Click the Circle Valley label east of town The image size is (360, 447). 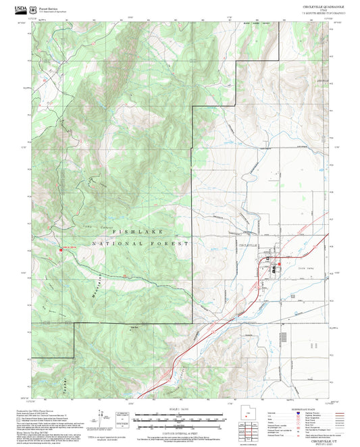click(290, 268)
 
